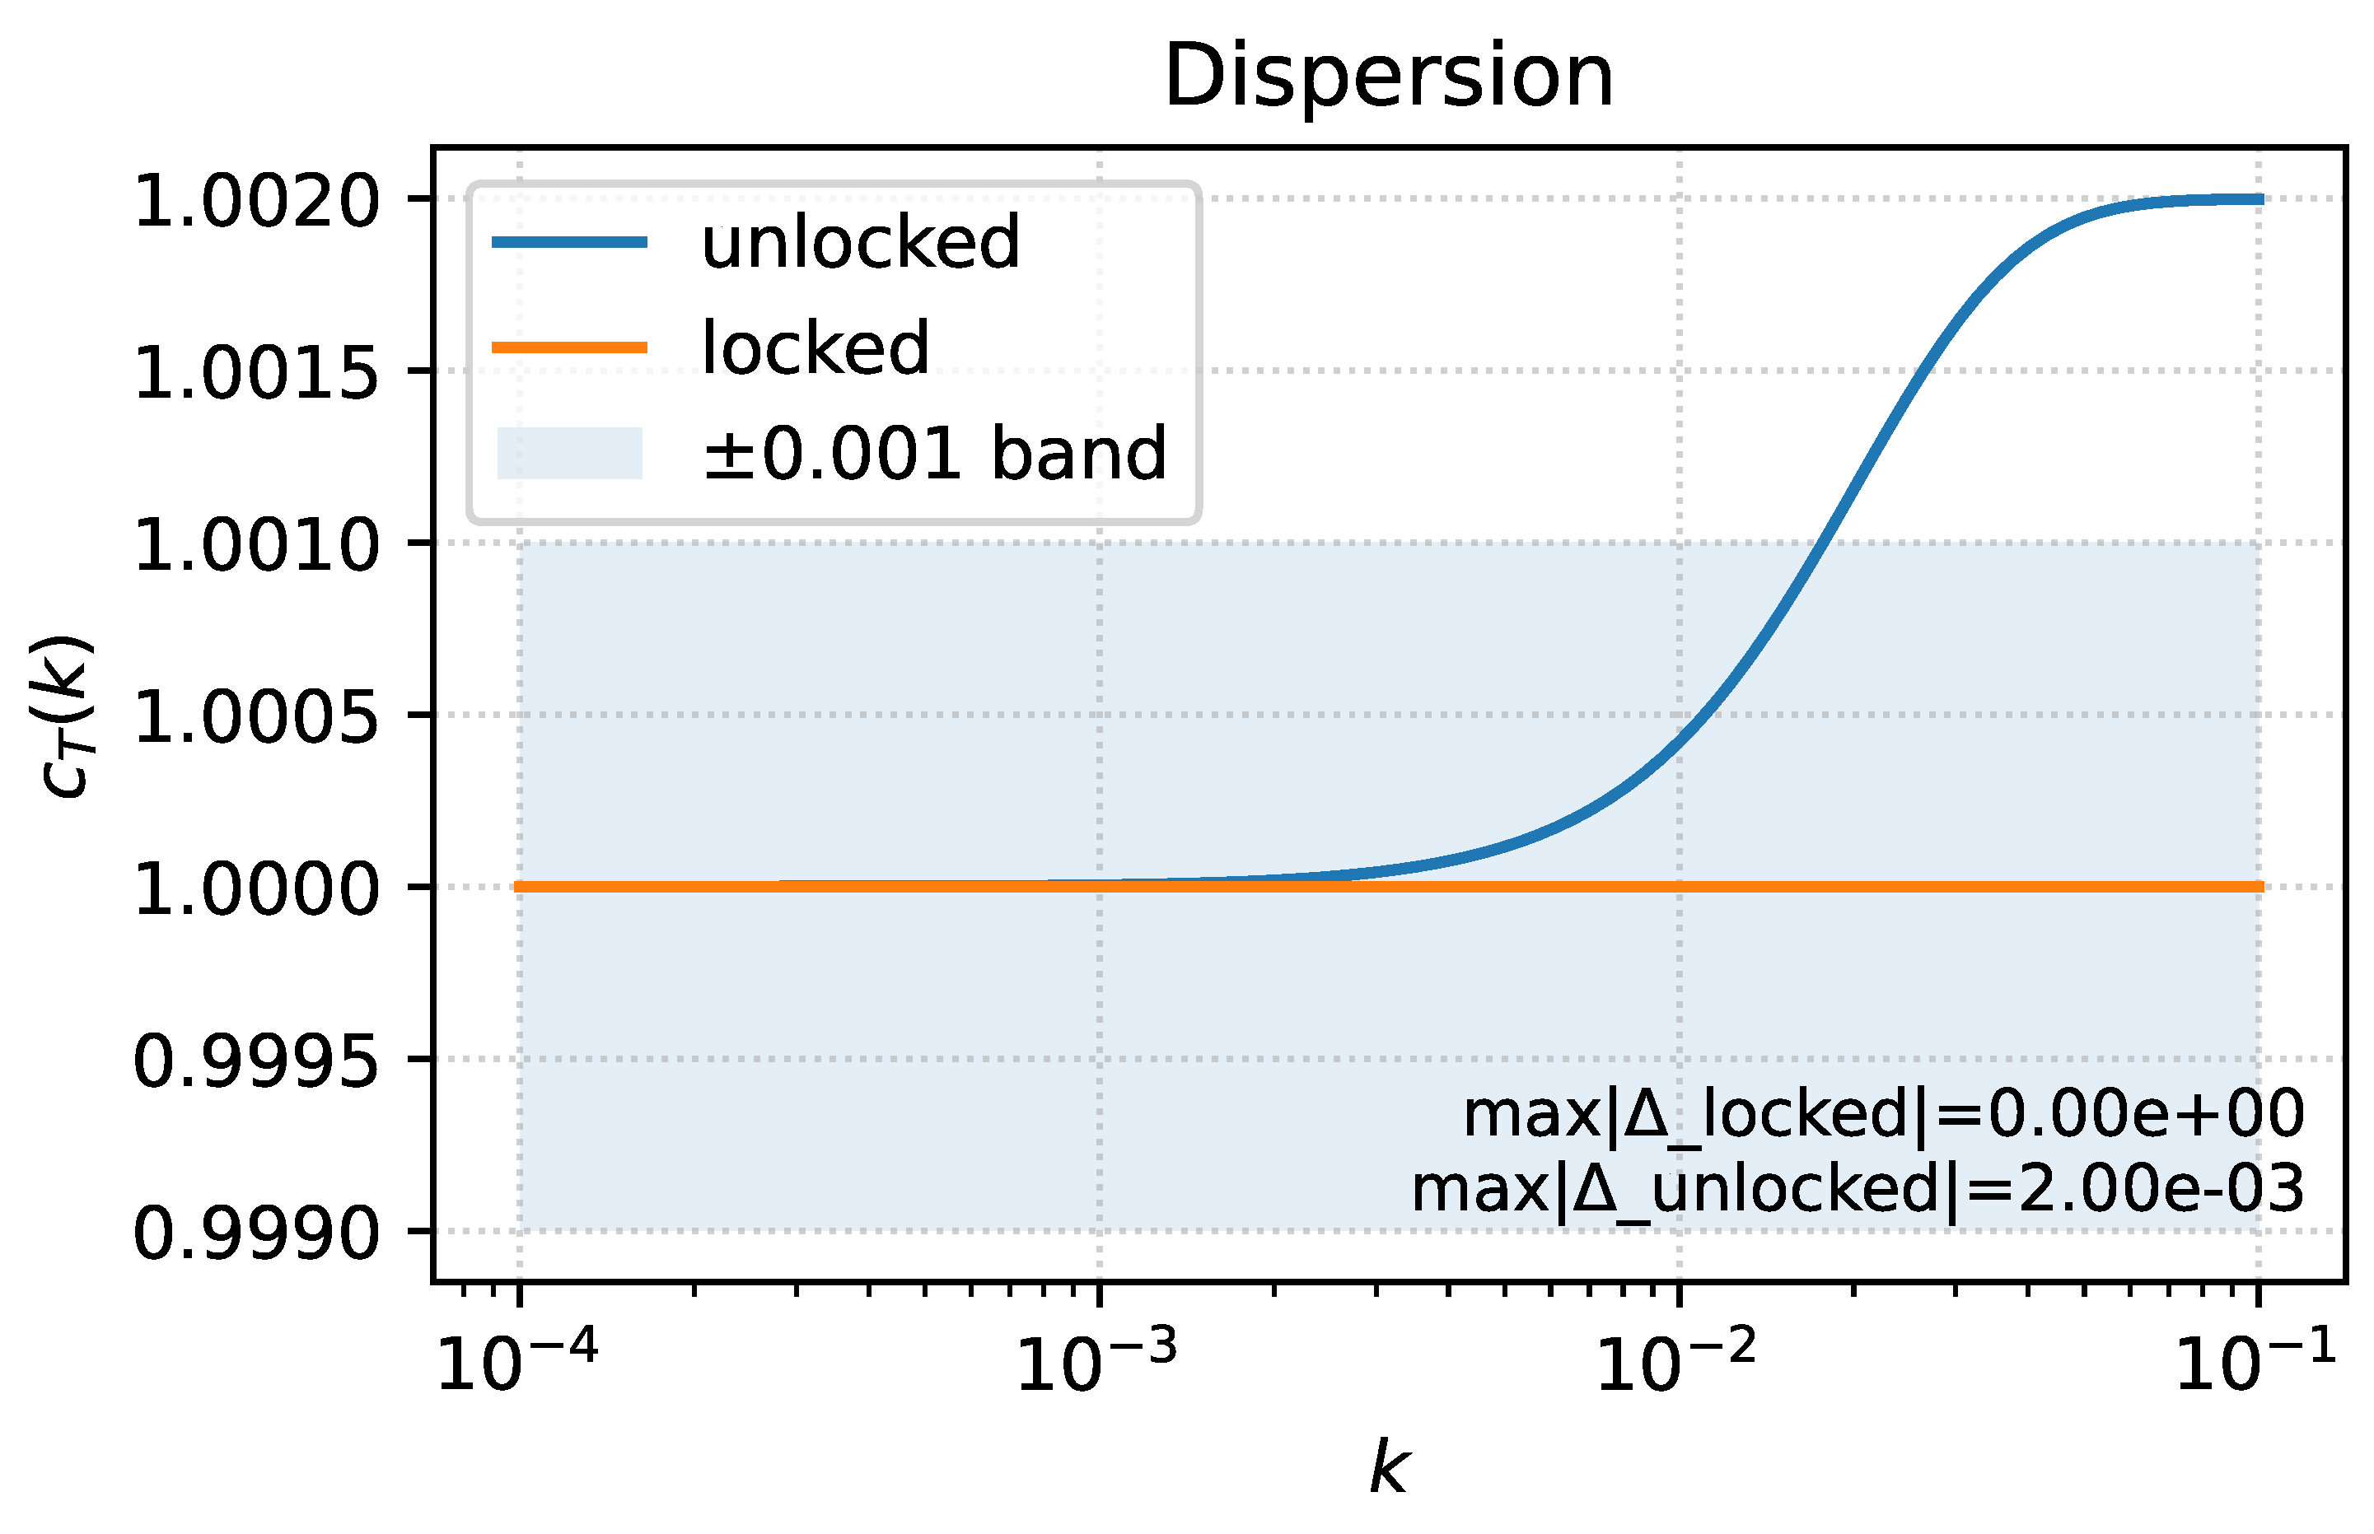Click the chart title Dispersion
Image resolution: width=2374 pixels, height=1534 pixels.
point(1388,77)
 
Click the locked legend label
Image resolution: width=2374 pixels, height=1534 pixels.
point(815,347)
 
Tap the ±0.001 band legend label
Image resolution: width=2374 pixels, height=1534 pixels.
point(933,453)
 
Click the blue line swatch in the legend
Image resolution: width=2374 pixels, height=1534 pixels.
point(570,242)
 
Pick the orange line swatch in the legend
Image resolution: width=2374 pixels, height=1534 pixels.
point(570,347)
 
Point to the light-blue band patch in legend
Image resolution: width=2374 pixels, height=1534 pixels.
point(570,453)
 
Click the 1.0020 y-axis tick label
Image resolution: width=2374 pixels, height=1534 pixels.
point(256,201)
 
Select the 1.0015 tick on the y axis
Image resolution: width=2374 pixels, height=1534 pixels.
point(256,374)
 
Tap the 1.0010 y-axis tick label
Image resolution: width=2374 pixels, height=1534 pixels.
point(256,546)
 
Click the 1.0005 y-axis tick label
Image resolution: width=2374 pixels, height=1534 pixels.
point(256,717)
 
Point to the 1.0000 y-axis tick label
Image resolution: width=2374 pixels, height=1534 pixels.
point(256,889)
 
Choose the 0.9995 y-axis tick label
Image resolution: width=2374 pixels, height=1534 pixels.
point(256,1062)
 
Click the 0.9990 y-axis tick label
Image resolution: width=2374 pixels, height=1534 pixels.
point(256,1234)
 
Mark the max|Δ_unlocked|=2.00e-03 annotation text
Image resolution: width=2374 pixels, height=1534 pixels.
point(1857,1188)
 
